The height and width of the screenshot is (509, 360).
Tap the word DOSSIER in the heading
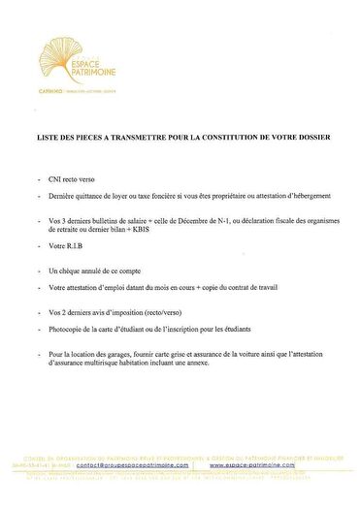312,138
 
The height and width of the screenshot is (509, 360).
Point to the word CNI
55,180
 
